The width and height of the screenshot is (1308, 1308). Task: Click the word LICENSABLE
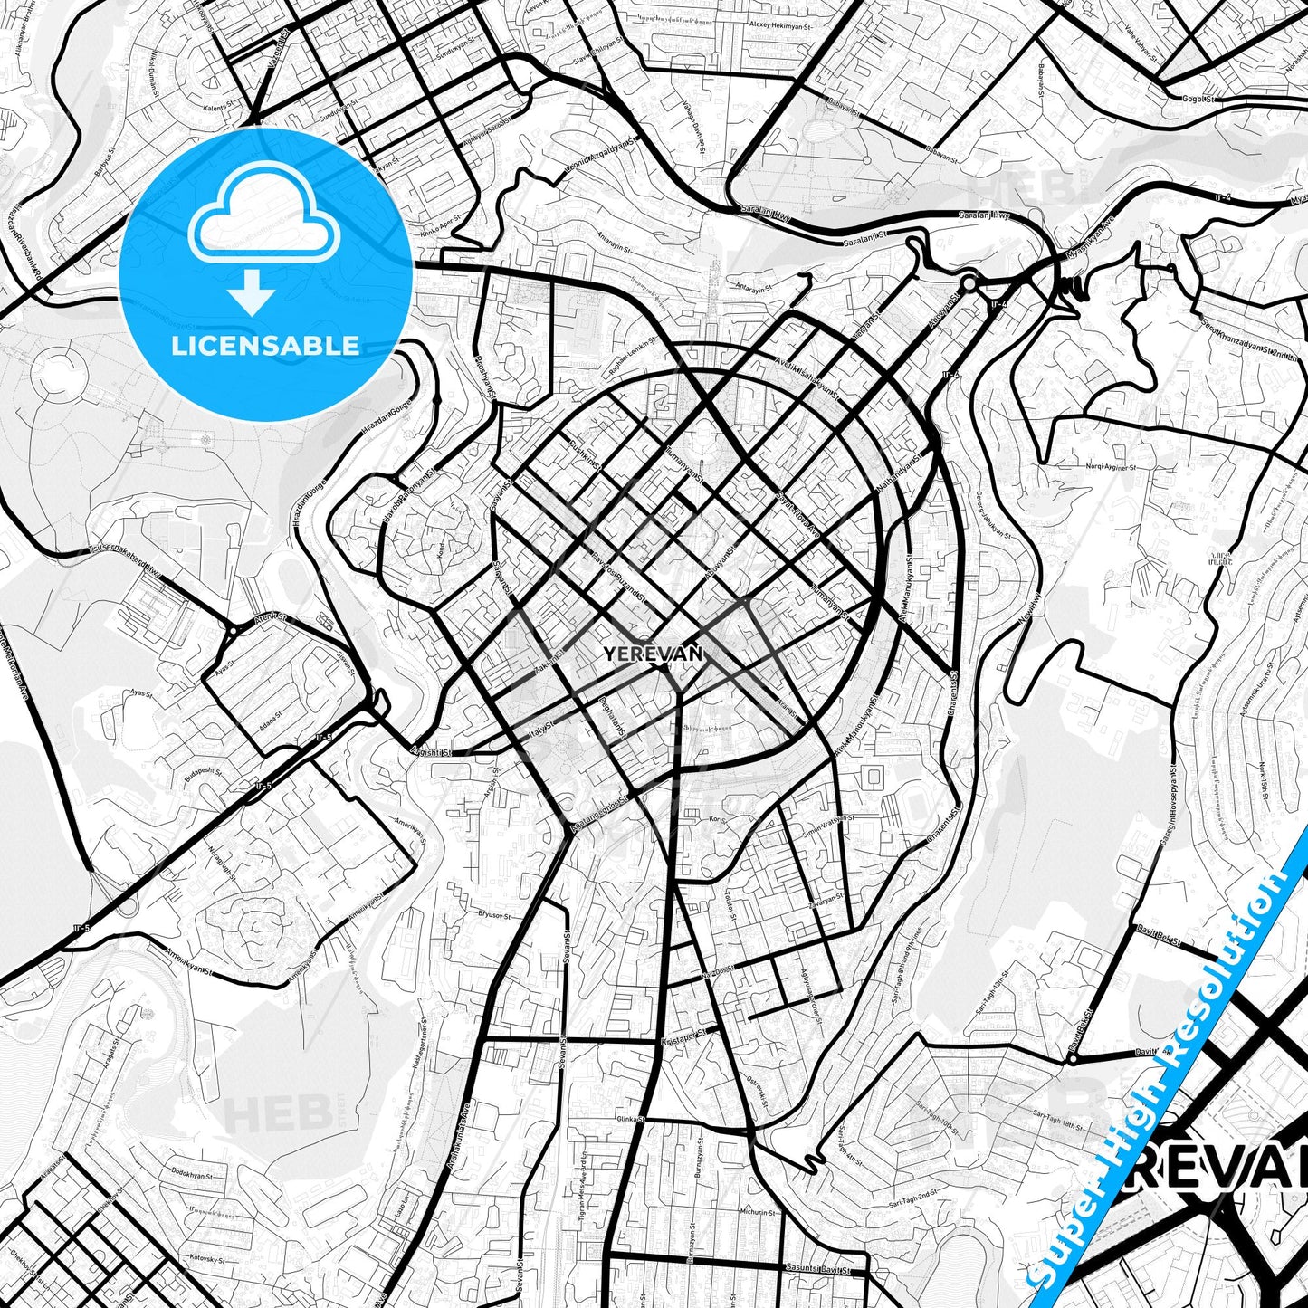point(265,345)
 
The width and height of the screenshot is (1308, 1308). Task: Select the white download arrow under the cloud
point(252,291)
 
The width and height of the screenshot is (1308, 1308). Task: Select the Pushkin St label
point(585,454)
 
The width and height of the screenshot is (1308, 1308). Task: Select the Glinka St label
point(629,1119)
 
